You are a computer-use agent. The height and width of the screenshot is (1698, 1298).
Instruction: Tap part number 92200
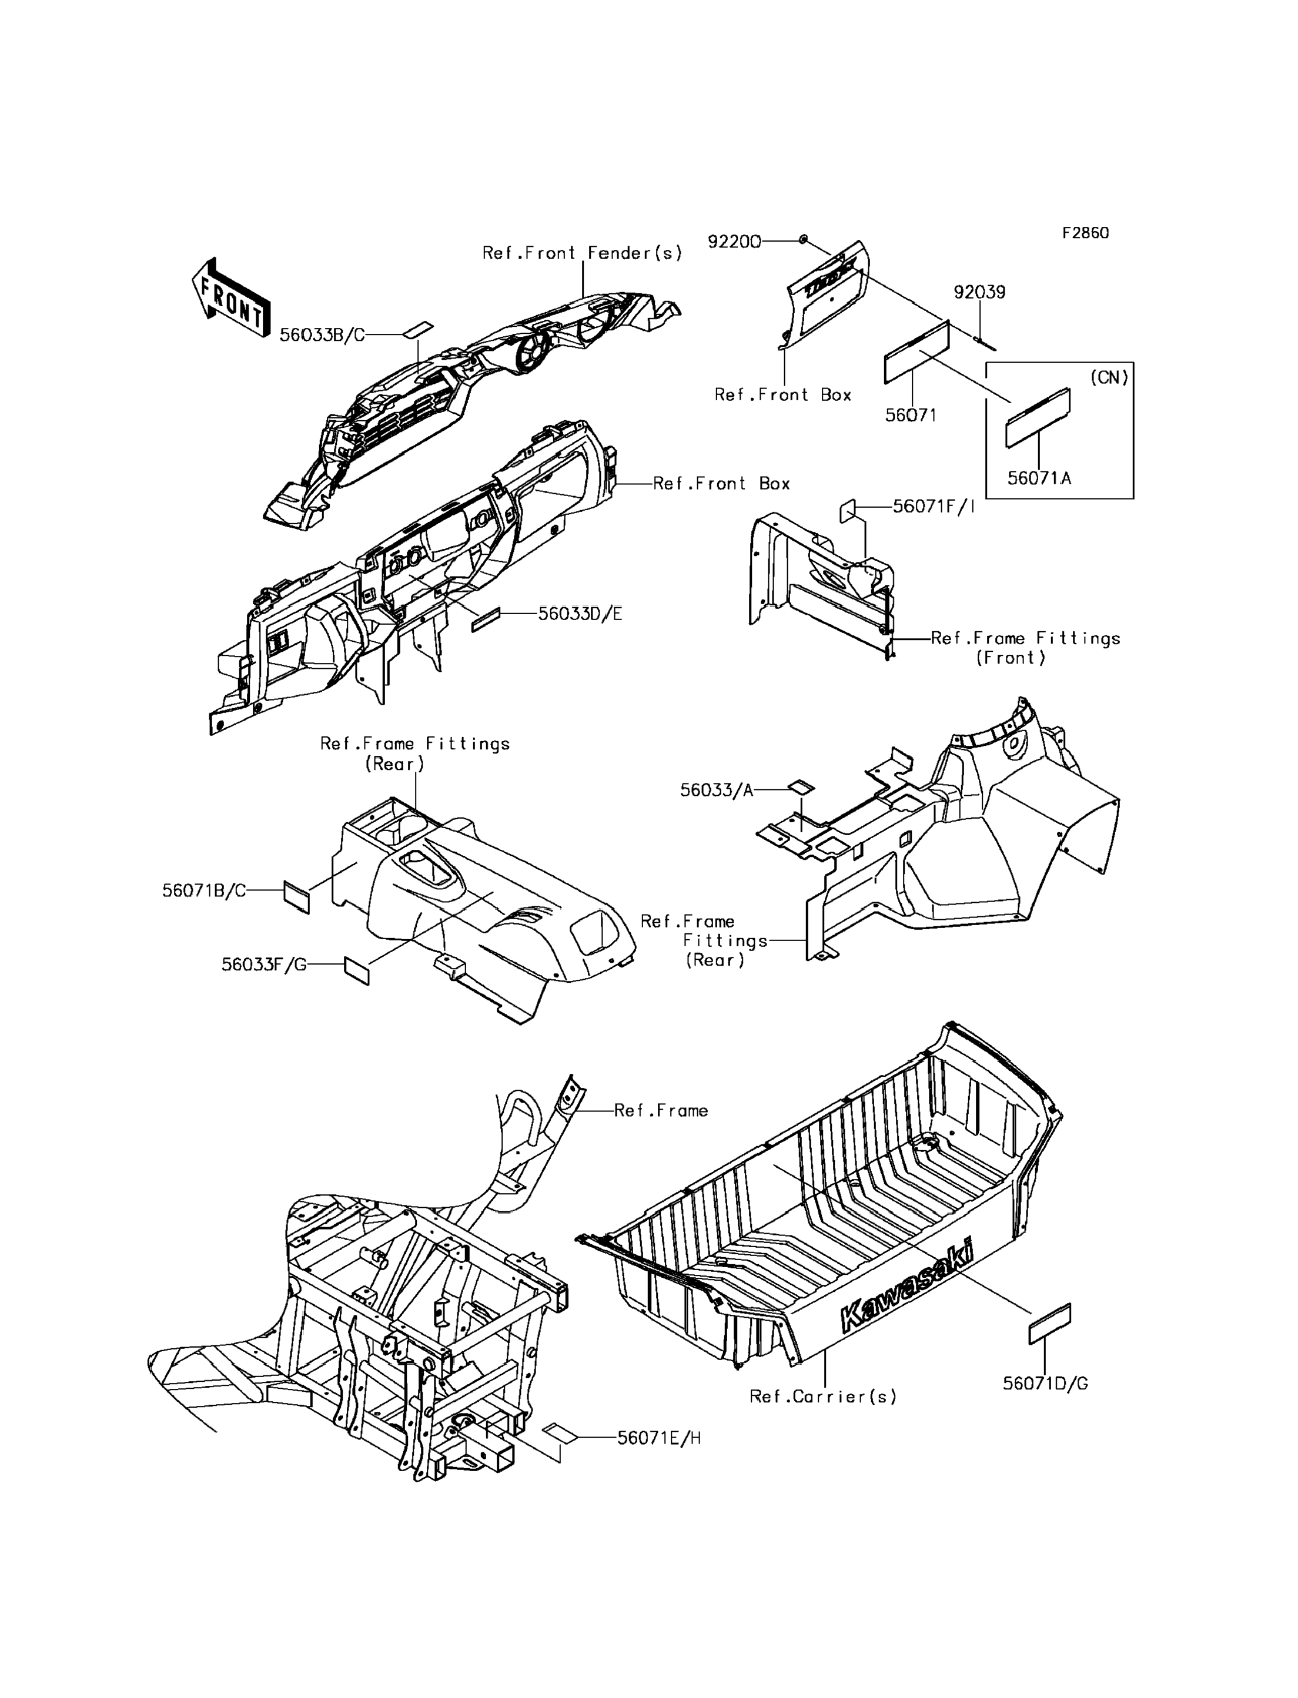[x=734, y=242]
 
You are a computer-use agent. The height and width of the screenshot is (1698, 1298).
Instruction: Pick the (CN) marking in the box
[x=1109, y=378]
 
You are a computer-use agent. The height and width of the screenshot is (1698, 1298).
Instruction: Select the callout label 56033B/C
[x=322, y=335]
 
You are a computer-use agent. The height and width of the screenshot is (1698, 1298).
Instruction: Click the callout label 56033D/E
[x=580, y=614]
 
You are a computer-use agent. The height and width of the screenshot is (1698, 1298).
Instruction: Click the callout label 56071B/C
[x=204, y=890]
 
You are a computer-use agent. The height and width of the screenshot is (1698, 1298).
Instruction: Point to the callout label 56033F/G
[x=264, y=965]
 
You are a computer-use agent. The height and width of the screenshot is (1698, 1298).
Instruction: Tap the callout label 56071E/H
[x=659, y=1438]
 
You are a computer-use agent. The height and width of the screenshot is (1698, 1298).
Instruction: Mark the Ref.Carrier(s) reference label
[x=823, y=1396]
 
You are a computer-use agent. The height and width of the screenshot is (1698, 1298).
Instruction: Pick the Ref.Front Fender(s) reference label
[x=583, y=253]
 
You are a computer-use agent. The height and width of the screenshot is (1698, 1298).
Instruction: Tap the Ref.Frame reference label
[x=661, y=1111]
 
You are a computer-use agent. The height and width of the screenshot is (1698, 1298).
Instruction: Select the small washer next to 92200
[x=804, y=240]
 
